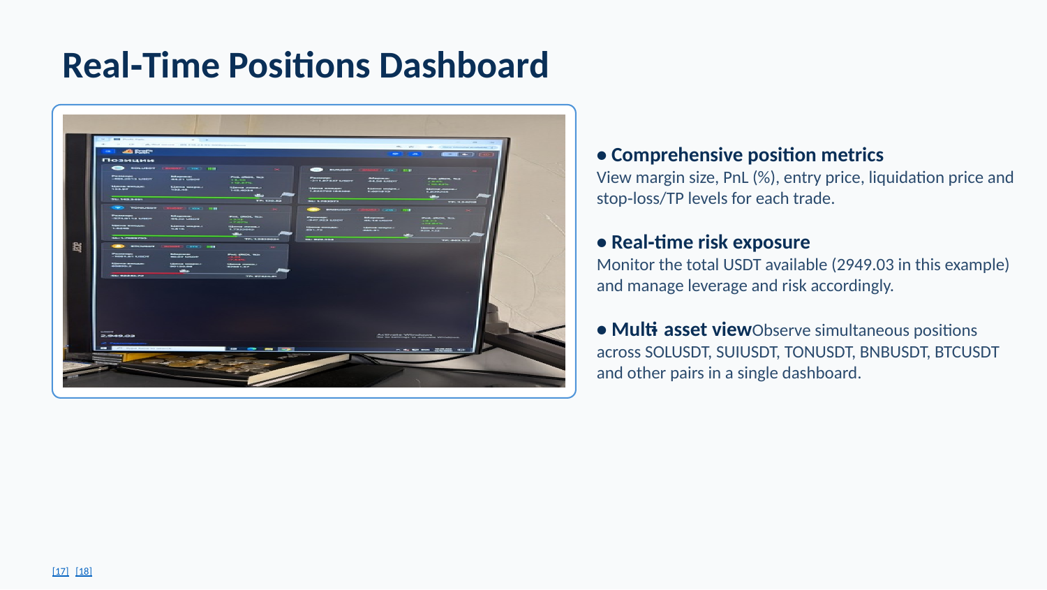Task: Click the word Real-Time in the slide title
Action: [x=140, y=66]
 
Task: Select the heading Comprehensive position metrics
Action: [x=747, y=155]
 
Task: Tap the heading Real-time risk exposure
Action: [x=710, y=242]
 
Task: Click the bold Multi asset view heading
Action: [x=681, y=330]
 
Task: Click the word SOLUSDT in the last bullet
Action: [x=676, y=352]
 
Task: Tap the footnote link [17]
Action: [x=61, y=571]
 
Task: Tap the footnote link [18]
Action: [x=84, y=571]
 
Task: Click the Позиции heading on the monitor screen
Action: [x=128, y=161]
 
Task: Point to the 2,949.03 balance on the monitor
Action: [x=118, y=336]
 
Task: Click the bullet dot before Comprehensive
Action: [x=602, y=155]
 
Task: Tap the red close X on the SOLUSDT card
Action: [x=276, y=169]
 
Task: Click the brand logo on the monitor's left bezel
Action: [x=77, y=247]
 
